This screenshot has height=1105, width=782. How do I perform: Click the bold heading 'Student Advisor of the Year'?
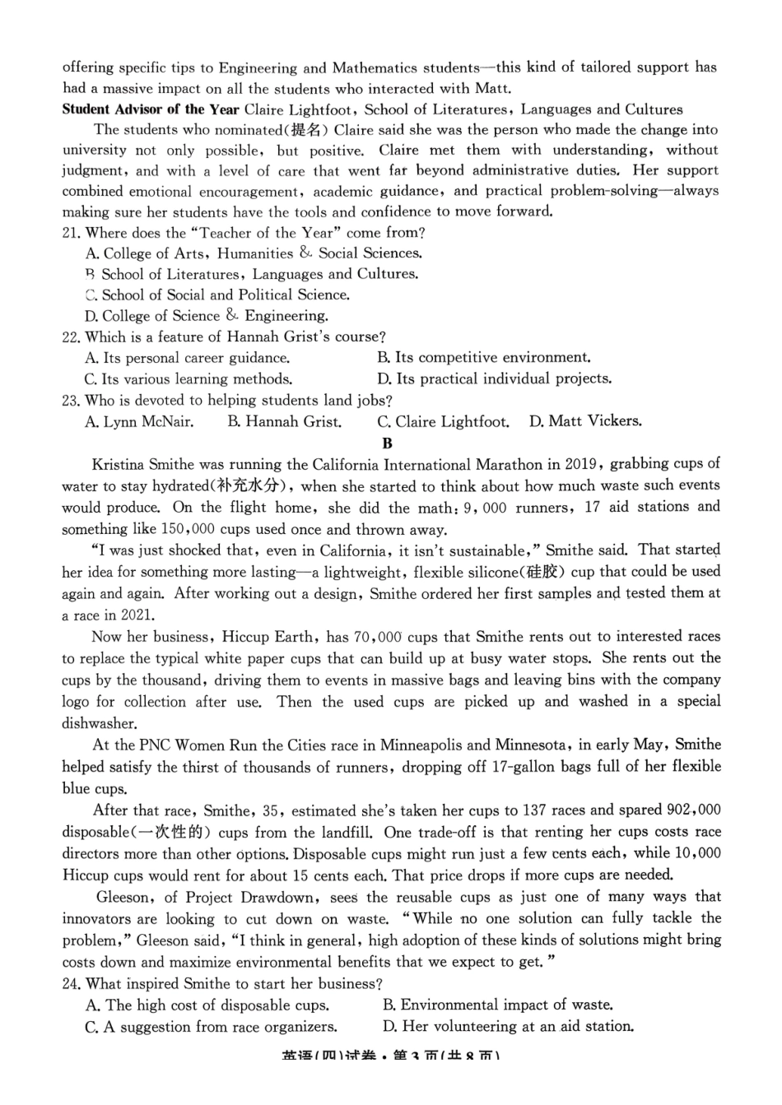click(151, 109)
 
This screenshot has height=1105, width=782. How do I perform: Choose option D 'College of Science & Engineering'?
click(207, 316)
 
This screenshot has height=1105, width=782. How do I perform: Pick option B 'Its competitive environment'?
click(484, 358)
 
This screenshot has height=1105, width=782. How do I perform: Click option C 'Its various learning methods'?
click(189, 379)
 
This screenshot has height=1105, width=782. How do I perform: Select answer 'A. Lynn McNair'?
click(140, 422)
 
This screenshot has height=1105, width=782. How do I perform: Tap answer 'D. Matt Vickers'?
click(585, 421)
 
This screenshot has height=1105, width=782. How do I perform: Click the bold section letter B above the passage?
click(388, 443)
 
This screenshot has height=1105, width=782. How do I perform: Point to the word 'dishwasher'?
click(99, 723)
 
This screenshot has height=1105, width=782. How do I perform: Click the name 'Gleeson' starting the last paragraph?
click(123, 897)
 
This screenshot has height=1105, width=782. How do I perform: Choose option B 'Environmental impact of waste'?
click(497, 1005)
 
